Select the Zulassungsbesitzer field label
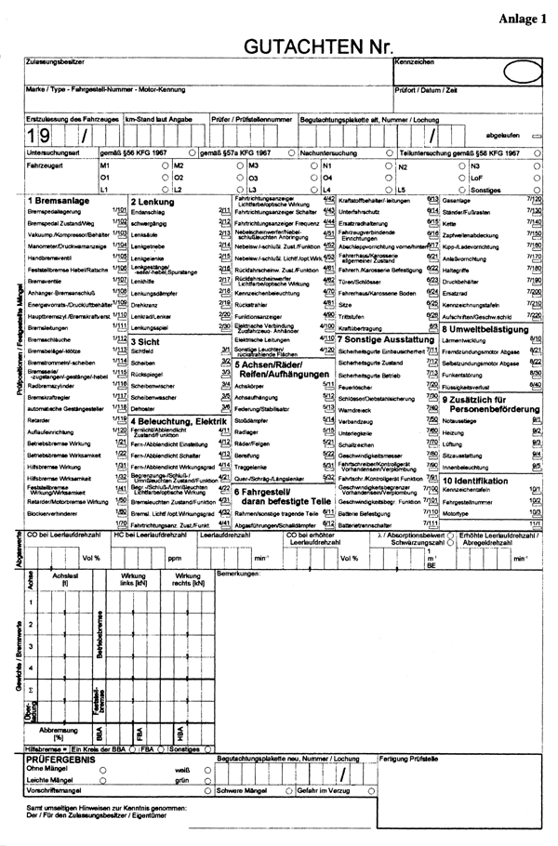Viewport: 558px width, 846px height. click(56, 61)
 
